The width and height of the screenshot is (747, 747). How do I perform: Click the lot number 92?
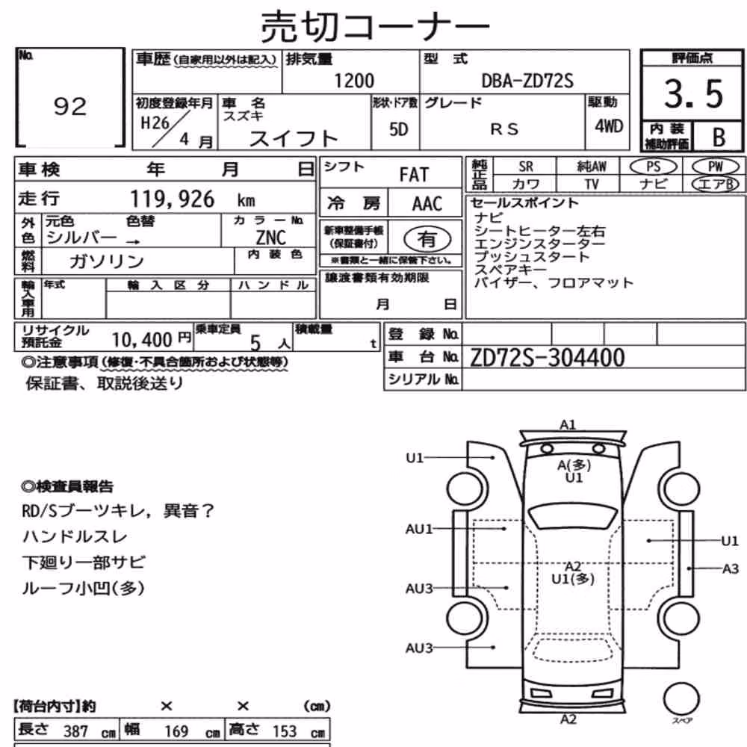(70, 106)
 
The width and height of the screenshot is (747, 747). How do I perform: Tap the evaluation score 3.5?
(694, 94)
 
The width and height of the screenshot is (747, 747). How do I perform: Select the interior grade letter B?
(719, 137)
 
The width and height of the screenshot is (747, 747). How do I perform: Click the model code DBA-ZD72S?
(527, 81)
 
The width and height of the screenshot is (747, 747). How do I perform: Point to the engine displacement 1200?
(354, 81)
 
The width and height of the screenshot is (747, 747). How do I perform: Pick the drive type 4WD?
(609, 126)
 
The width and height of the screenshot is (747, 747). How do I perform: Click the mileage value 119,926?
(172, 199)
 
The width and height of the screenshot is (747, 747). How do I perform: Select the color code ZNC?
(270, 238)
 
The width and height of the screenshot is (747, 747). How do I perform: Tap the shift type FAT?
(414, 175)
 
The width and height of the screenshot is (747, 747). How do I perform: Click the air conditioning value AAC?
(427, 204)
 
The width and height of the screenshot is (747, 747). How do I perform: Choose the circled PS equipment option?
(653, 167)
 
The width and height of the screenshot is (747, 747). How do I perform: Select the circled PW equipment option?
(715, 167)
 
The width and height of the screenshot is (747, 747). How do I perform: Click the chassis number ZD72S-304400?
(547, 358)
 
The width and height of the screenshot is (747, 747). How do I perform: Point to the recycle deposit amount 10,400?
(141, 340)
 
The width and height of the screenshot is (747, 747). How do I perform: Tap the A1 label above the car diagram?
(568, 424)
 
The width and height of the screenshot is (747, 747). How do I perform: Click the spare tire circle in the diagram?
(681, 699)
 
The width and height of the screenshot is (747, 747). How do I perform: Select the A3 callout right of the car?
(731, 568)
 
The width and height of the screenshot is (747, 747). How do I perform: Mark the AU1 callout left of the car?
(419, 529)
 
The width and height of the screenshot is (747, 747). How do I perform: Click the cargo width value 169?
(176, 731)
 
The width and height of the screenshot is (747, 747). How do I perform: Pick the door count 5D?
(398, 129)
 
